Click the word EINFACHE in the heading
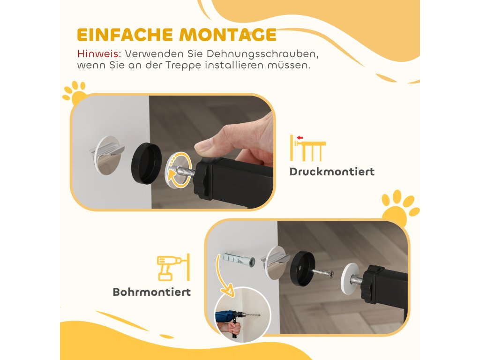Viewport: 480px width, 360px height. pos(125,35)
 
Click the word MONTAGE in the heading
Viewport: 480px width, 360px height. pos(227,35)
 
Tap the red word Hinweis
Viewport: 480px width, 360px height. pos(99,53)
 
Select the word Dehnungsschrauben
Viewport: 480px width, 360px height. pos(263,54)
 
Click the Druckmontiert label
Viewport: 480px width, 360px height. pos(332,172)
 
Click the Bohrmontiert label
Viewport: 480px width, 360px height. pos(152,292)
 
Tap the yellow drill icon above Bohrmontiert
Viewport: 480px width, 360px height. pos(173,268)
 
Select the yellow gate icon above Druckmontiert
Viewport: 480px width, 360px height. pos(307,148)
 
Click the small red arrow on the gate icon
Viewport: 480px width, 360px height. pos(300,138)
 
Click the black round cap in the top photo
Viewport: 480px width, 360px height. pos(146,163)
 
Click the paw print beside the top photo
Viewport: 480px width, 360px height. pos(75,92)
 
